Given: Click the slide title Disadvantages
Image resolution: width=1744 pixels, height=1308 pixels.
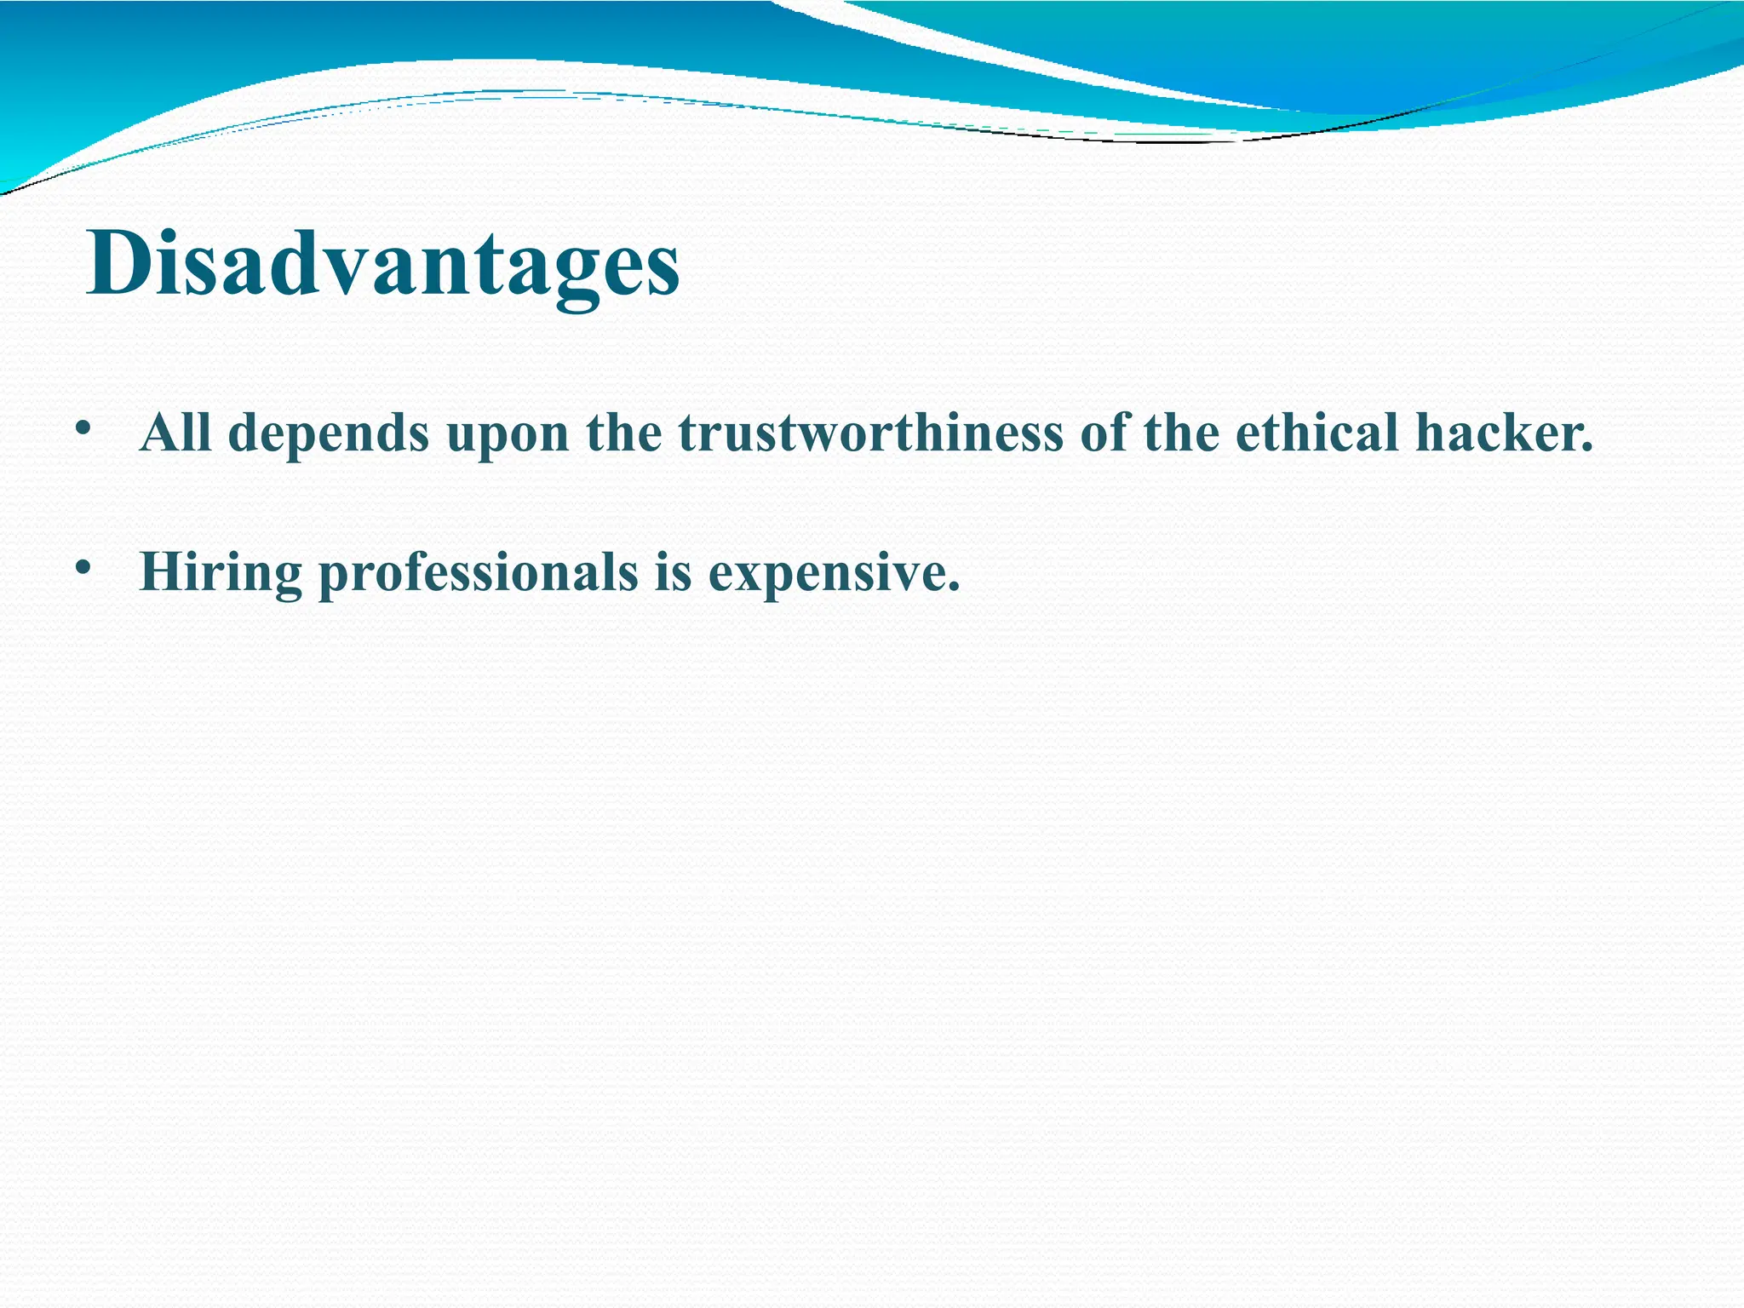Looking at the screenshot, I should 382,264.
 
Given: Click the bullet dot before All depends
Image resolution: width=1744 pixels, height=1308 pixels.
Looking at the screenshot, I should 82,428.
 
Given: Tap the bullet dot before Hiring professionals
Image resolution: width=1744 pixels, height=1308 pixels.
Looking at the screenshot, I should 82,567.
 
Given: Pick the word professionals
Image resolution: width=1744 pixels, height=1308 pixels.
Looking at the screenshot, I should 478,573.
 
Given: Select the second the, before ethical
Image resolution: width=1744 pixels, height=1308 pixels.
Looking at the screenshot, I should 1181,433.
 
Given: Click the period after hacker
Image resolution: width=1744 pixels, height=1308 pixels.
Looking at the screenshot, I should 1586,448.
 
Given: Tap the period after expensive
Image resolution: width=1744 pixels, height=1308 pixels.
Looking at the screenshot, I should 953,587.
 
